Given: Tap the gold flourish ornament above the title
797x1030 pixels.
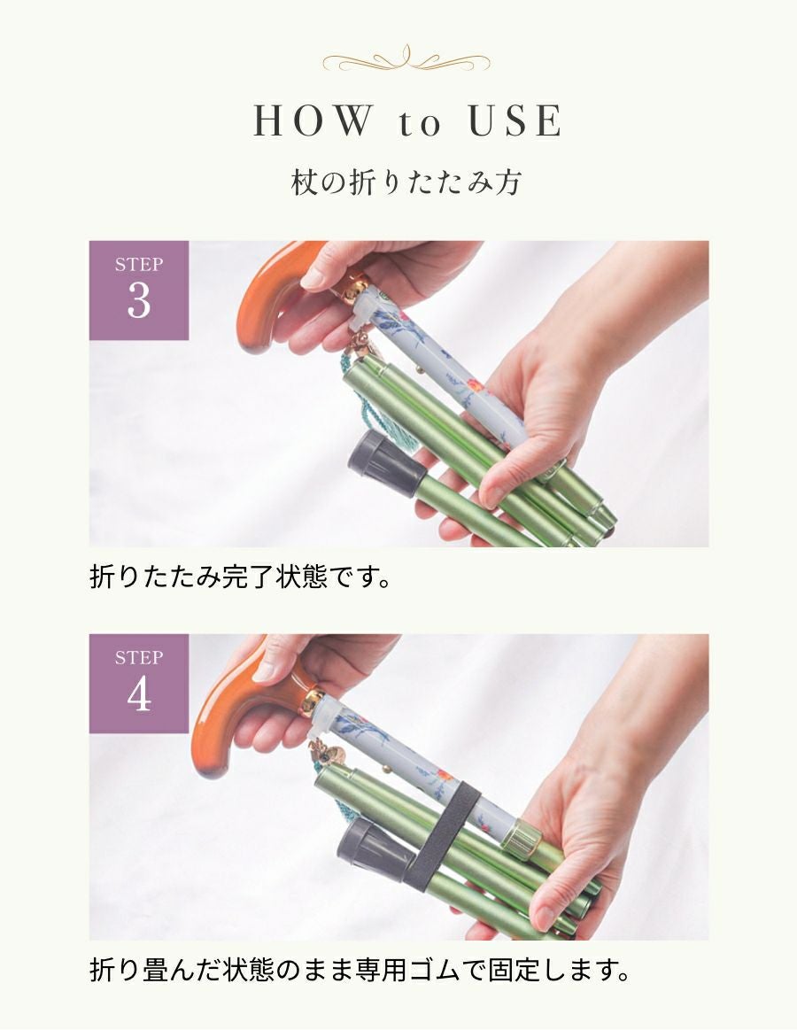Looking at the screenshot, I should (x=406, y=61).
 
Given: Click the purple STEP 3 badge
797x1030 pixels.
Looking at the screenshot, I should (x=139, y=290).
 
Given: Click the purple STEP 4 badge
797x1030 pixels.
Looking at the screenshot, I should (x=139, y=683).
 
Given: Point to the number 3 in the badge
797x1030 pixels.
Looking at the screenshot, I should (x=139, y=302).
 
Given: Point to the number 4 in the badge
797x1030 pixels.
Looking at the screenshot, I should (x=139, y=696).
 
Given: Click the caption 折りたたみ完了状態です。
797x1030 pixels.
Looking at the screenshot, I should (x=240, y=579).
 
